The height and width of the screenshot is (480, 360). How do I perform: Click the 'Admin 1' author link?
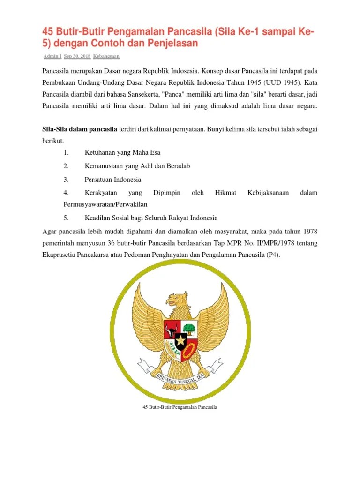(x=52, y=56)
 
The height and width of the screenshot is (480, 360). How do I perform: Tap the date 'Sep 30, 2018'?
(x=77, y=56)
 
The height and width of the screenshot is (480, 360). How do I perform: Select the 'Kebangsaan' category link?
(x=106, y=56)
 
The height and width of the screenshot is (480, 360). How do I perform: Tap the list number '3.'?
(x=66, y=179)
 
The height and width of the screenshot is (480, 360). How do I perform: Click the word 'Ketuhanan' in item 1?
(x=99, y=153)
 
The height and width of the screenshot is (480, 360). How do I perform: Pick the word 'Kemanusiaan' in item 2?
(x=103, y=166)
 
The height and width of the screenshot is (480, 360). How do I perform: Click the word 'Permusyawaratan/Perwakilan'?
(x=105, y=204)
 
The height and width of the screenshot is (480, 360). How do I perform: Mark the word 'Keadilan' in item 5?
(x=97, y=217)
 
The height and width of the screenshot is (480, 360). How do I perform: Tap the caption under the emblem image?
(x=180, y=407)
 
